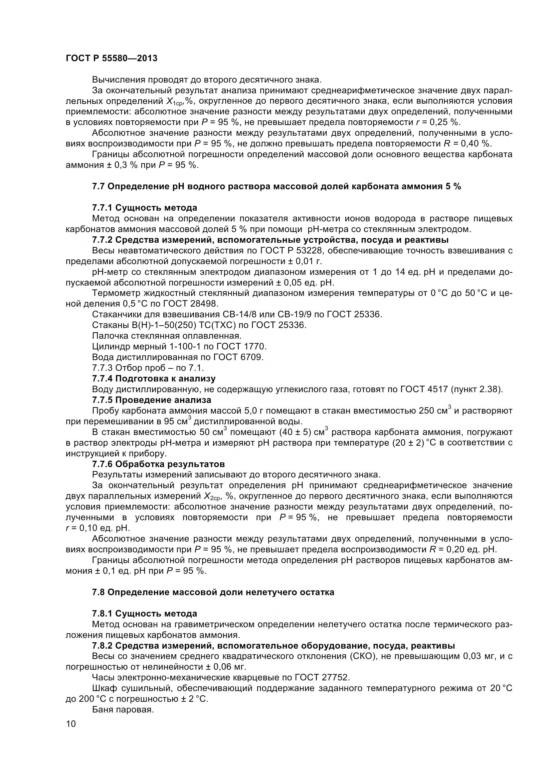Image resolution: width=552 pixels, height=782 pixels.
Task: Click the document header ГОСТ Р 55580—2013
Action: click(x=112, y=58)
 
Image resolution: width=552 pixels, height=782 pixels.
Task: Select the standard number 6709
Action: click(x=250, y=357)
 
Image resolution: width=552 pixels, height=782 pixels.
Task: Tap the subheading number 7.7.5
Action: click(x=103, y=400)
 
